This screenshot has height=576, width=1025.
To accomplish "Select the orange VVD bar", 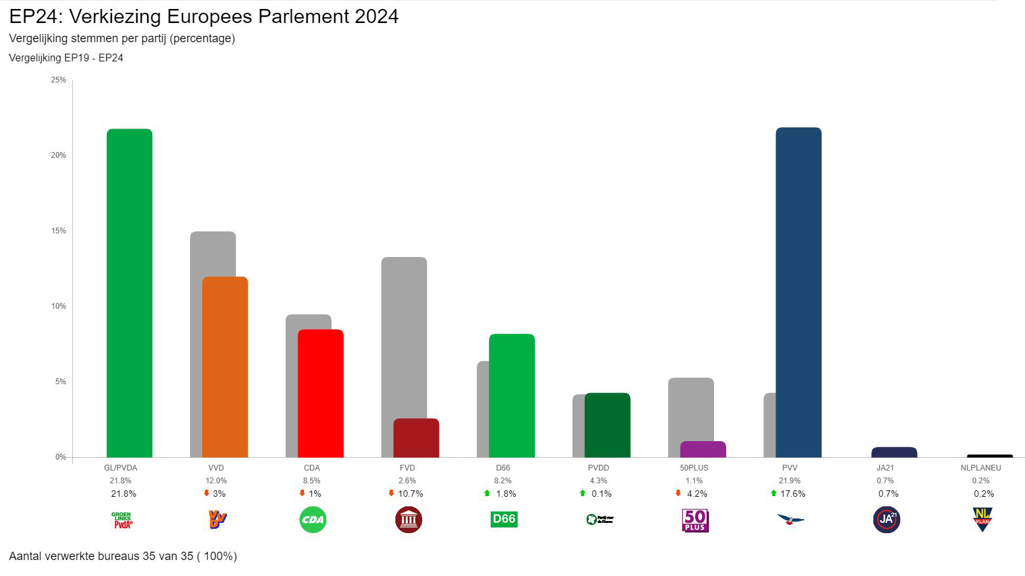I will click(225, 367).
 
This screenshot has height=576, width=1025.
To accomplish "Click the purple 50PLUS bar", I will click(703, 449).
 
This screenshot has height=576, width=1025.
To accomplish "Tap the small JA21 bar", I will click(894, 452).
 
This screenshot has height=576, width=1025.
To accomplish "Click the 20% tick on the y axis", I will click(58, 155).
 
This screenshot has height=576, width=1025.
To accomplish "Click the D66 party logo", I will click(504, 519).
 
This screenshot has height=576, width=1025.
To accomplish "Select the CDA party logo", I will click(313, 519).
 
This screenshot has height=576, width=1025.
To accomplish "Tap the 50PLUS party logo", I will click(695, 520).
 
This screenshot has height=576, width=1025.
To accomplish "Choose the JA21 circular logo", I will click(886, 520).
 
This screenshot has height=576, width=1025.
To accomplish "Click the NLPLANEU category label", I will click(981, 468).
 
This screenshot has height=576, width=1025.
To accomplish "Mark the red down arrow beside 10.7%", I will click(392, 493).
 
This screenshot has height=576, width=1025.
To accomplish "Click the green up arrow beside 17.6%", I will click(774, 493).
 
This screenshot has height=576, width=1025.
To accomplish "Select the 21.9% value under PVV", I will click(790, 481).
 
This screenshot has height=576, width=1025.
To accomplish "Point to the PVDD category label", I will click(599, 468).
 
